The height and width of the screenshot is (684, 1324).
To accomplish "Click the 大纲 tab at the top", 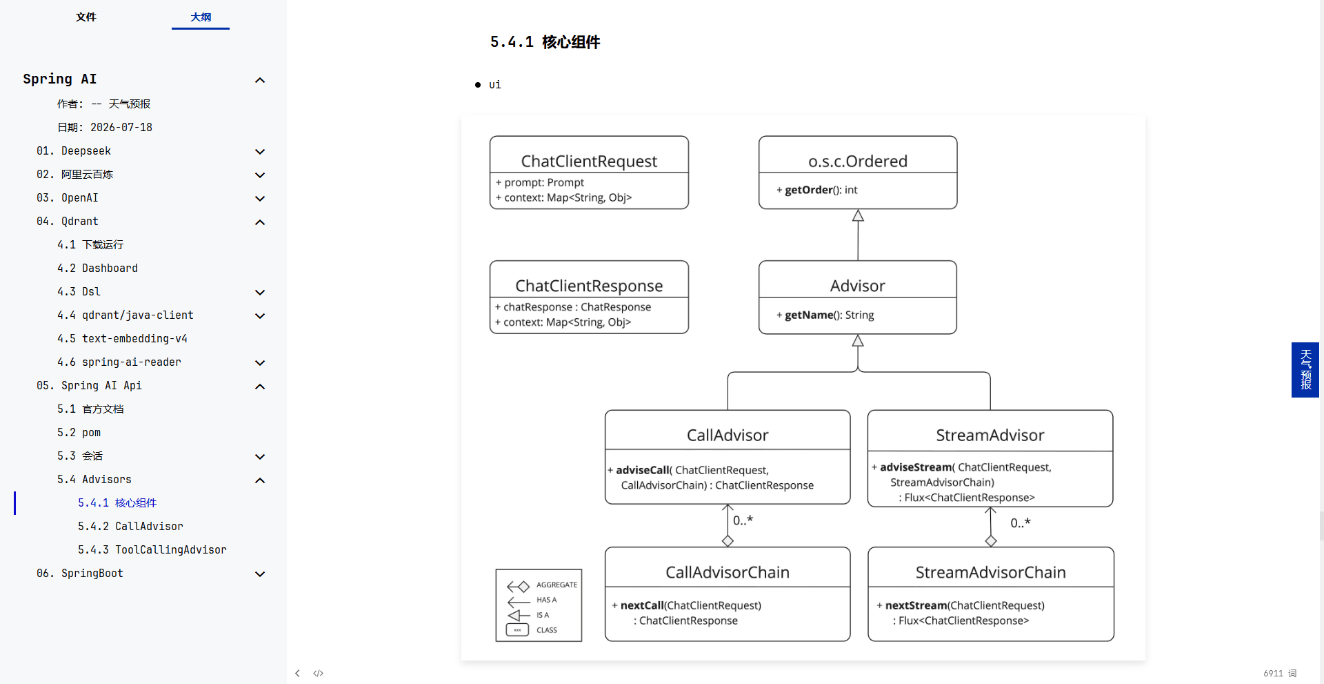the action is [201, 17].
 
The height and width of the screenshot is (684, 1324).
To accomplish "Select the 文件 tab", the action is [86, 17].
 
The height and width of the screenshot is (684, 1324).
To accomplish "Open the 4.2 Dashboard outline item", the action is [97, 268].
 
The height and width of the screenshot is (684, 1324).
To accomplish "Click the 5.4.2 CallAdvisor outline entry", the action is [130, 526].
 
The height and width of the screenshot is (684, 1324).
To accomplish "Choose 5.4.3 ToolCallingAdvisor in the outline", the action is [152, 549].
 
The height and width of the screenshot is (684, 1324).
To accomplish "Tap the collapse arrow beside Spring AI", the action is [260, 80].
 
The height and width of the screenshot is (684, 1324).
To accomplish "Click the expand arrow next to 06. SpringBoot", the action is [260, 574].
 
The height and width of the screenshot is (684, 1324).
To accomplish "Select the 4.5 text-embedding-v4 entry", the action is [122, 338].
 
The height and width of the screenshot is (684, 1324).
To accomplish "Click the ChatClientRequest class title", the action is [589, 161].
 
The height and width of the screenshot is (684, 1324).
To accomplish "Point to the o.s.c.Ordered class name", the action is [858, 161].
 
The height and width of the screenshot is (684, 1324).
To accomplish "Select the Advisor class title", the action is [857, 286].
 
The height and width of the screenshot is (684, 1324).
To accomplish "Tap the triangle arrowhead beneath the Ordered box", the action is [858, 216].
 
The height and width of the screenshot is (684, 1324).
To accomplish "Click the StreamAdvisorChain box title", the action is [990, 572].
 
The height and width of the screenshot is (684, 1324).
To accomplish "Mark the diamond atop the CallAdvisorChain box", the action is [728, 541].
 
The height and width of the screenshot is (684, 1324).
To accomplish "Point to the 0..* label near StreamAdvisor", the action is [1020, 523].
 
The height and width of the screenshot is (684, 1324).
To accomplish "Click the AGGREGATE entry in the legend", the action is [556, 585].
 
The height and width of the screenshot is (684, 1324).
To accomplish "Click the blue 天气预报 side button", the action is [1305, 370].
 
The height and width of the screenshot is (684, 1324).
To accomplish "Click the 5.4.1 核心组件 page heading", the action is [545, 42].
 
